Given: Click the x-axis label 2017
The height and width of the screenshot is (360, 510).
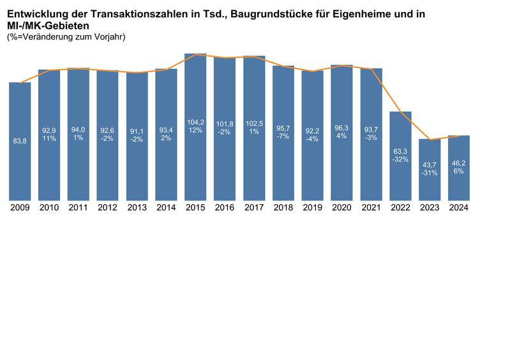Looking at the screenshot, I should [254, 207].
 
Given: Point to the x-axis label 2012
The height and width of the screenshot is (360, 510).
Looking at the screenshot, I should [107, 207].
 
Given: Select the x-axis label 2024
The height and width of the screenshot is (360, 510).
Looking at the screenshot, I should [459, 207].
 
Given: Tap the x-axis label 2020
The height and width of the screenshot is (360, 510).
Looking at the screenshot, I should [341, 207].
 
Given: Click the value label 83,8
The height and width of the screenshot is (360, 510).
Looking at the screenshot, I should [20, 141].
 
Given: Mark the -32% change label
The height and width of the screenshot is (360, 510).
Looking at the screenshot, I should [400, 160].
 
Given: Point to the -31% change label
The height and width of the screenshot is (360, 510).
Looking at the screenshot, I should [430, 173].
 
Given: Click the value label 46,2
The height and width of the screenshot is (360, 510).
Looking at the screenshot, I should [459, 163].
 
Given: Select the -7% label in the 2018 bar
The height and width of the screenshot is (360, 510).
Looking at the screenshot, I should [283, 137].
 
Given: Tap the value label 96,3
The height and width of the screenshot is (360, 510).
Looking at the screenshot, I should [341, 128].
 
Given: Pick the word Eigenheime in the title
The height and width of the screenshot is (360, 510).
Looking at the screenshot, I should [366, 13].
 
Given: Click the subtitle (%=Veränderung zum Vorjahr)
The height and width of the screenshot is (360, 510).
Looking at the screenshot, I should [66, 37].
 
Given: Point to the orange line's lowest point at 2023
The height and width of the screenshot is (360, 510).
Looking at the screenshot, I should [430, 140].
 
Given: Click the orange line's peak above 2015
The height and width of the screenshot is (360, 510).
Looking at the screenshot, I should [195, 54].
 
